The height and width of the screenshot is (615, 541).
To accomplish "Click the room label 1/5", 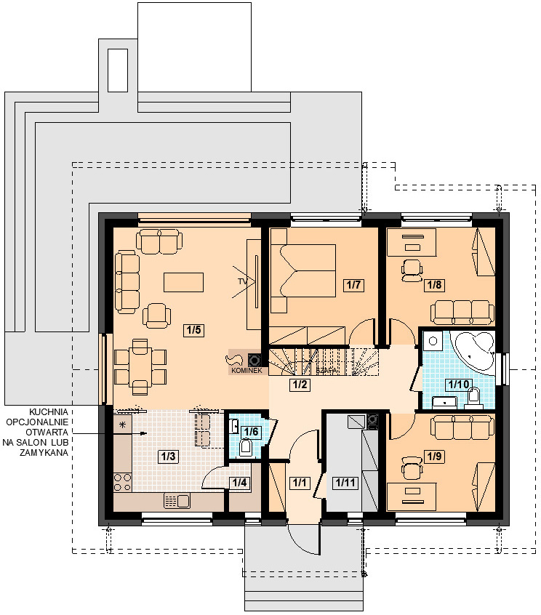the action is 194,330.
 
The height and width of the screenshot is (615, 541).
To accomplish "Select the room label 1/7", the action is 353,285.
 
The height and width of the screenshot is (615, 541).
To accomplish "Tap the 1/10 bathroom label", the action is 459,384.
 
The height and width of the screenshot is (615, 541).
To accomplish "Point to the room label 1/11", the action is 345,483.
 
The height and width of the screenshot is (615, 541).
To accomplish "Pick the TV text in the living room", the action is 242,281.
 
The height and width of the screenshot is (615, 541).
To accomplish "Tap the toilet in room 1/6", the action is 247,448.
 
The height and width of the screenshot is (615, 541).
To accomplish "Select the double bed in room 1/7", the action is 303,271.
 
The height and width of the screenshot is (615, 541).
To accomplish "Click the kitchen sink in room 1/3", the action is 177,501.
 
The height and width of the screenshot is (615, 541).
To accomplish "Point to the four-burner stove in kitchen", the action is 122,482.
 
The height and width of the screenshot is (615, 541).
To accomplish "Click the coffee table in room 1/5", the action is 183,282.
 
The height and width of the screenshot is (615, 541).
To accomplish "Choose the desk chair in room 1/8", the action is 412,270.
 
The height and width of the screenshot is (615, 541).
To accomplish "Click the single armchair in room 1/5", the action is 156,315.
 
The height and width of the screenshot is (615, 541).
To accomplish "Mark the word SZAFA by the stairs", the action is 326,370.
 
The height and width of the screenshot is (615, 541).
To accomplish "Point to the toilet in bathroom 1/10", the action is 473,397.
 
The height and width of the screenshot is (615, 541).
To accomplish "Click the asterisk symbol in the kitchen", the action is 123,425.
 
